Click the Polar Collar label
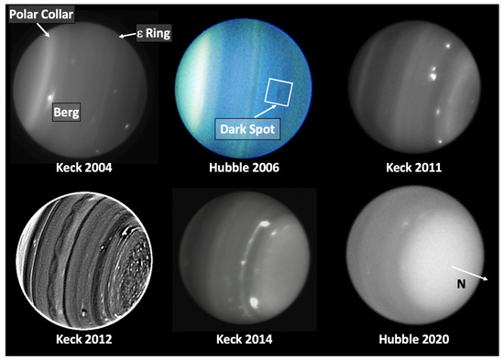point(41,15)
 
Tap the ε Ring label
point(154,33)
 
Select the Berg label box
point(66,112)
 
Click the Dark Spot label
point(247,129)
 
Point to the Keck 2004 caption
point(84,168)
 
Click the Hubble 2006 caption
point(244,168)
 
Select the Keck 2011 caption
point(413,168)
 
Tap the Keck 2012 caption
point(84,339)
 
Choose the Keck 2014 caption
point(244,339)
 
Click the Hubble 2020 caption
point(413,339)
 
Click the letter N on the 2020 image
point(461,284)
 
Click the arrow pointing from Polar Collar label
point(43,29)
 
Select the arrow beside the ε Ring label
point(127,35)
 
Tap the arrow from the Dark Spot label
point(265,111)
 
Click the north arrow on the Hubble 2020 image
point(470,273)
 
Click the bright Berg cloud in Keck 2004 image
point(50,97)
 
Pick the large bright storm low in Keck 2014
point(254,302)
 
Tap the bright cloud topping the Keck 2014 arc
point(265,224)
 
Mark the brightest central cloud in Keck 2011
point(433,76)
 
